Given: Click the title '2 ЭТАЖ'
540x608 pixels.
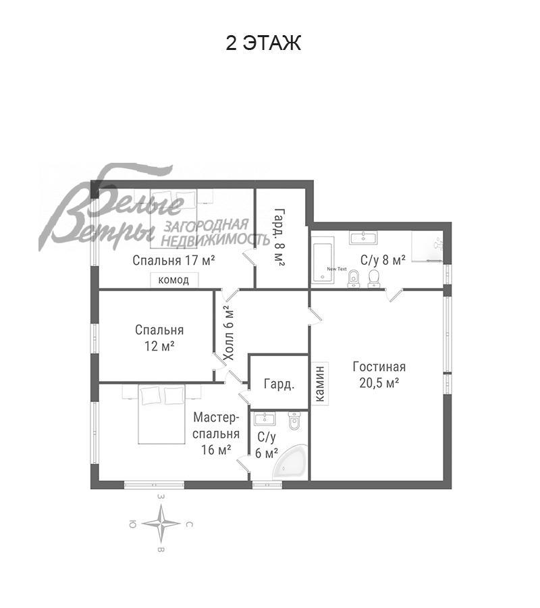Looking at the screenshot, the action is click(263, 43).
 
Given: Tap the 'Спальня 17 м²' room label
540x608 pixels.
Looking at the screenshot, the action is click(173, 260).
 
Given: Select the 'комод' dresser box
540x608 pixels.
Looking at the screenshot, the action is click(174, 280).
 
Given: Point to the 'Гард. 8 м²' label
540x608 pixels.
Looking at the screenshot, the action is click(279, 237).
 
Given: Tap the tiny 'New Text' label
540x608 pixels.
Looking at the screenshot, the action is click(337, 269).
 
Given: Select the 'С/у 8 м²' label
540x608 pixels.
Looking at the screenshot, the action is click(383, 260).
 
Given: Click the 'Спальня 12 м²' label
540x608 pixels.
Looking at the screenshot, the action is click(159, 338).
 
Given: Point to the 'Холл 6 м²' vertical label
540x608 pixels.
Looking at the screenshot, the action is click(229, 332).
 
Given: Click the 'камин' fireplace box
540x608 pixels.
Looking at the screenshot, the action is click(321, 384).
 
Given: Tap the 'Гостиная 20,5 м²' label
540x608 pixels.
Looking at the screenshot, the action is click(379, 374).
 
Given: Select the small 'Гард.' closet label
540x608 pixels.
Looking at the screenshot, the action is click(279, 384).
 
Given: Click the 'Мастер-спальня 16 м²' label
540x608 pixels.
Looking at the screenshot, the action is click(216, 434).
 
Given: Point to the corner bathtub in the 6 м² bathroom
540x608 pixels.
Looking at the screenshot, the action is click(292, 463).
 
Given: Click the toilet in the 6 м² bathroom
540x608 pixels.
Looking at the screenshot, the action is click(294, 422).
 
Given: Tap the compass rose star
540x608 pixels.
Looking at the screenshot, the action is click(161, 524).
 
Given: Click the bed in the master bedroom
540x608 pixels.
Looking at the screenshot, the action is click(162, 414).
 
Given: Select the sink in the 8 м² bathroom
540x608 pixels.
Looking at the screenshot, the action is click(363, 237).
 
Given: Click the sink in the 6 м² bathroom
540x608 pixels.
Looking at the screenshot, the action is click(265, 419).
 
